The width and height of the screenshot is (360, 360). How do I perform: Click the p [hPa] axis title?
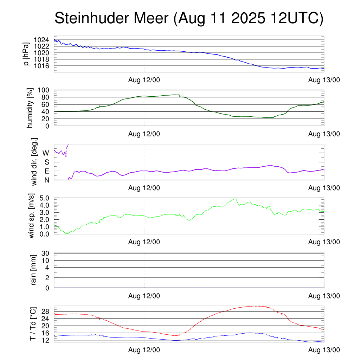click(x=26, y=54)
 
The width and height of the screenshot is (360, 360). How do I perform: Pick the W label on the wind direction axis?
click(x=46, y=153)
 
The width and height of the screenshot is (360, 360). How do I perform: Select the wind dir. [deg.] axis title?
click(x=34, y=162)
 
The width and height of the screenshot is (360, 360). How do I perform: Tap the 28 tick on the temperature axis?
click(x=46, y=311)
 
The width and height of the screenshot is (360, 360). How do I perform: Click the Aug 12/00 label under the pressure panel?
click(x=144, y=80)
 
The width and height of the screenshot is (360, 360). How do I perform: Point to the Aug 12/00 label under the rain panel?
click(x=144, y=296)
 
